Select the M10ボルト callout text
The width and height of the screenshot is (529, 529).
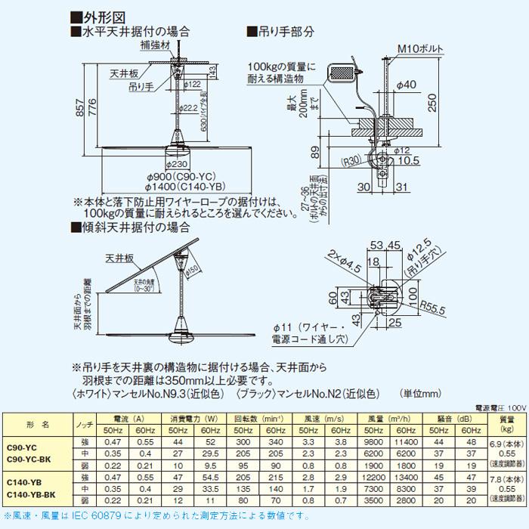[x=419, y=51]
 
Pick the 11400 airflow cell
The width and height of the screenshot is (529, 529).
[x=408, y=441]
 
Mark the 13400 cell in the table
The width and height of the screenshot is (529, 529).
[x=408, y=478]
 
